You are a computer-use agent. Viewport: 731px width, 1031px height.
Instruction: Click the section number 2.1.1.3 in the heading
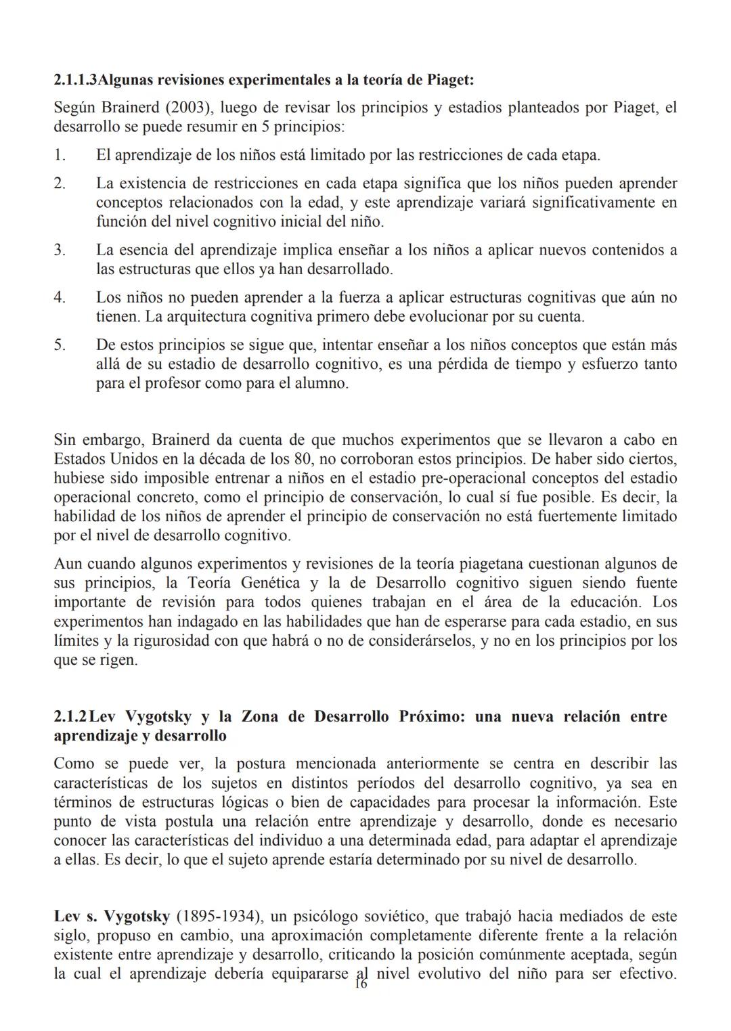click(x=75, y=80)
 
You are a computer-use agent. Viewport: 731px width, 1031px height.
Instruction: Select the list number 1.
click(x=60, y=155)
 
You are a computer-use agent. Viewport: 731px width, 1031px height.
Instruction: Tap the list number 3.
click(x=60, y=250)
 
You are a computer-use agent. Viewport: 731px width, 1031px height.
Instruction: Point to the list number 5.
click(x=60, y=345)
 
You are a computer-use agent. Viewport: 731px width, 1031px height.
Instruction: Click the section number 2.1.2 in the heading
click(x=70, y=716)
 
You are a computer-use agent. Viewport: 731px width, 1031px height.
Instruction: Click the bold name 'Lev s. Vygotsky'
click(x=112, y=917)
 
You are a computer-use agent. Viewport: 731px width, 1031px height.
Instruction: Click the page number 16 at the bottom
click(x=360, y=984)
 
